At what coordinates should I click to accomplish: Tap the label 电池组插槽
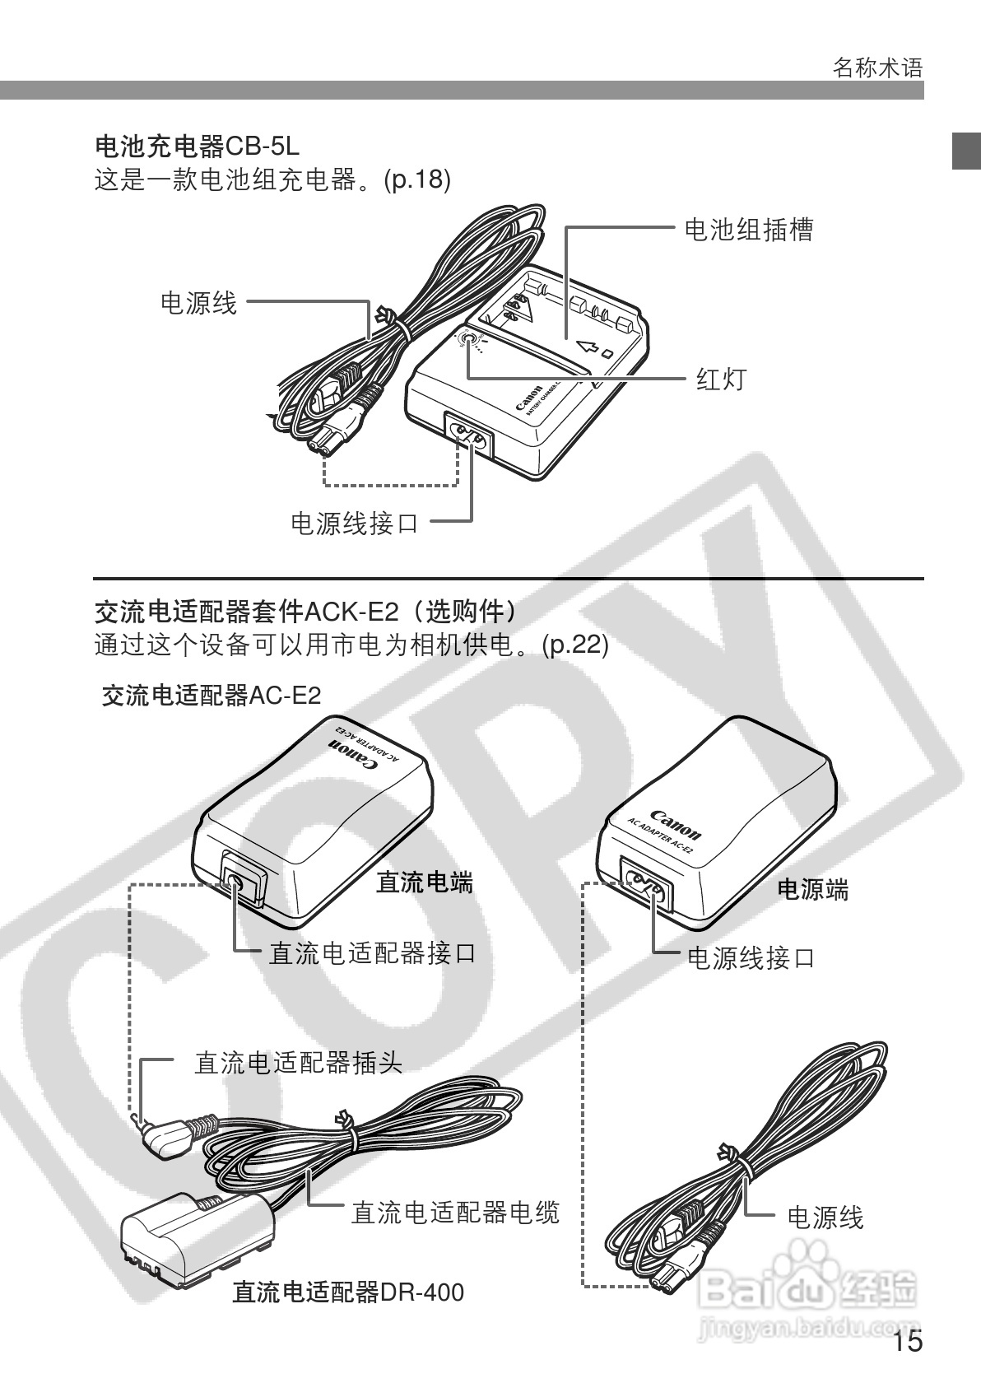[748, 229]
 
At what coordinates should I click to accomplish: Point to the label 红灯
[721, 379]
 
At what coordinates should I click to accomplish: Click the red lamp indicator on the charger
[469, 340]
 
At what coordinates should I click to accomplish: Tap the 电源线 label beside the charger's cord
[198, 303]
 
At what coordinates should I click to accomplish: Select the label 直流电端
[425, 883]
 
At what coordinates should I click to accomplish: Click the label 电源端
[812, 889]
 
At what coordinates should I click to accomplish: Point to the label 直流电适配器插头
[298, 1063]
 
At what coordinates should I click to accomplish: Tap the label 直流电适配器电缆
[455, 1212]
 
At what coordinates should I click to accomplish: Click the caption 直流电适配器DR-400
[347, 1292]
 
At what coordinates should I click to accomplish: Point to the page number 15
[908, 1343]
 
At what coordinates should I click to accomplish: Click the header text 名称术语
[877, 68]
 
